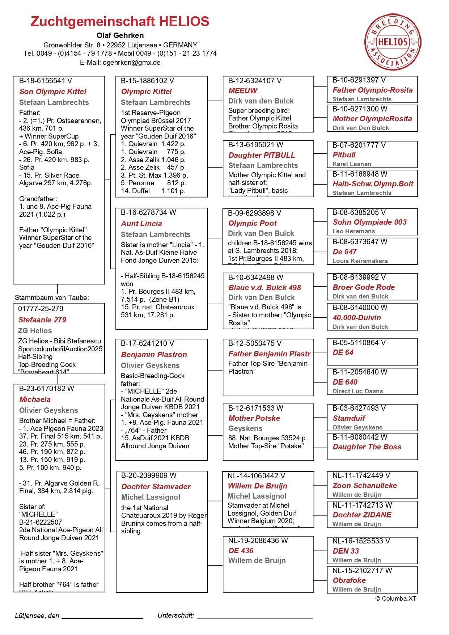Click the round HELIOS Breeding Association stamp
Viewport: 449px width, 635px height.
click(x=393, y=42)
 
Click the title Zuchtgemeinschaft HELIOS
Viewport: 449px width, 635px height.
click(x=120, y=22)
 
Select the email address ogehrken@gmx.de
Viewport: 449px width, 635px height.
click(x=131, y=63)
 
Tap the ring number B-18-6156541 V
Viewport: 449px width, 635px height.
click(x=46, y=81)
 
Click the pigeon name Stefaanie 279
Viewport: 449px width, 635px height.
click(x=42, y=320)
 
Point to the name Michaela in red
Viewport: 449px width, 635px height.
click(x=35, y=399)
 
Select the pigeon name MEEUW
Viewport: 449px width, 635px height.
click(x=243, y=91)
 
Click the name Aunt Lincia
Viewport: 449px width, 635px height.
click(x=141, y=224)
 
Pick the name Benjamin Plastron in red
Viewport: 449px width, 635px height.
click(x=154, y=355)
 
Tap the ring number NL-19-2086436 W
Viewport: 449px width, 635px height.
click(x=258, y=541)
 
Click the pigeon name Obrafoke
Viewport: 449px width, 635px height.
click(x=349, y=580)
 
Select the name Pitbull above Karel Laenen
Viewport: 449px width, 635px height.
click(x=344, y=155)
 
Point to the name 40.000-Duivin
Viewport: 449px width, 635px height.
click(x=357, y=318)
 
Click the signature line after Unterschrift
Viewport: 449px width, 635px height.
click(x=255, y=617)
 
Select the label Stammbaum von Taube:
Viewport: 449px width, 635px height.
click(x=52, y=298)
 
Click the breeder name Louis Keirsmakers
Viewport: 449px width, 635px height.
click(x=360, y=261)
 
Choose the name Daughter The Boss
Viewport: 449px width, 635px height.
click(x=367, y=447)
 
